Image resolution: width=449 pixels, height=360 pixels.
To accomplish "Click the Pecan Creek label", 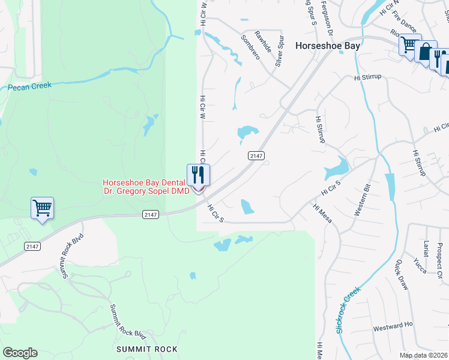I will [29, 86].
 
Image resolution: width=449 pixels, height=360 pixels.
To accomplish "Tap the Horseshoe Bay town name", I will [328, 46].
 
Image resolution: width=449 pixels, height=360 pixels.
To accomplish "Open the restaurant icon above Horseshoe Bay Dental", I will [198, 175].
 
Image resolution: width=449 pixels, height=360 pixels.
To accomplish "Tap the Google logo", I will [20, 353].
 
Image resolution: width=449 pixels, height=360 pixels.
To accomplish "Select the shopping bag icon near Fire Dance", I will [426, 52].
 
